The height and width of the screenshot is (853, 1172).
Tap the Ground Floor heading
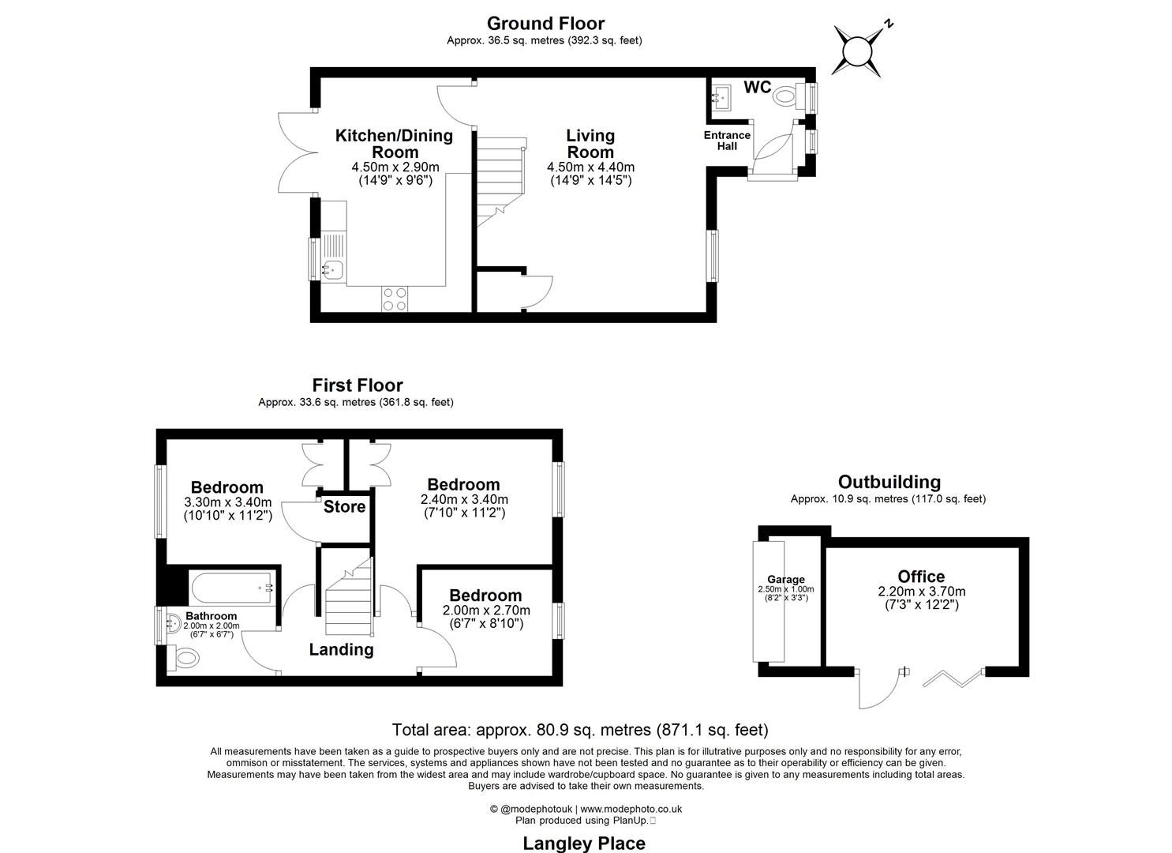[545, 23]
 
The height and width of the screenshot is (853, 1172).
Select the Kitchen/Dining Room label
[394, 144]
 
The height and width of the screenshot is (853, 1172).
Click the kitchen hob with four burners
[395, 298]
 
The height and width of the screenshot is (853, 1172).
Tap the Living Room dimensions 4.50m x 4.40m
[590, 167]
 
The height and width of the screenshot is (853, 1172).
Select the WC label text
[757, 88]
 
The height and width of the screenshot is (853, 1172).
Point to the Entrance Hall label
[727, 141]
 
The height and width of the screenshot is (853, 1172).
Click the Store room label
[344, 507]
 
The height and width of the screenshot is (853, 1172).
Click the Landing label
[341, 649]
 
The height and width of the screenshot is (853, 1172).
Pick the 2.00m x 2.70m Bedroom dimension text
[486, 611]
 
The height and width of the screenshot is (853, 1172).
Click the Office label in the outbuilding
[921, 577]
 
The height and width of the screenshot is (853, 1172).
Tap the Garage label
[786, 580]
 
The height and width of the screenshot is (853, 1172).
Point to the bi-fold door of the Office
[953, 678]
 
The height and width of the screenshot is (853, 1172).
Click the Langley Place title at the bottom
[584, 843]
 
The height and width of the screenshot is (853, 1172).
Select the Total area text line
[580, 730]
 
